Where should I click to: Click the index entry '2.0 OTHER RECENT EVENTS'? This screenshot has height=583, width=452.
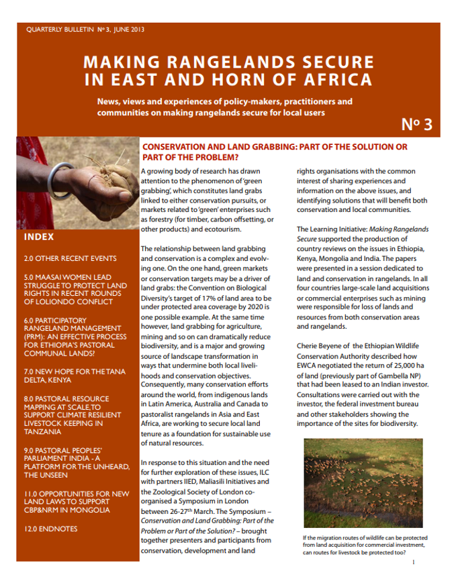(70, 258)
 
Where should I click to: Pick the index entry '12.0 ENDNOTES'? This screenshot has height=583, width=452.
(50, 529)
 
